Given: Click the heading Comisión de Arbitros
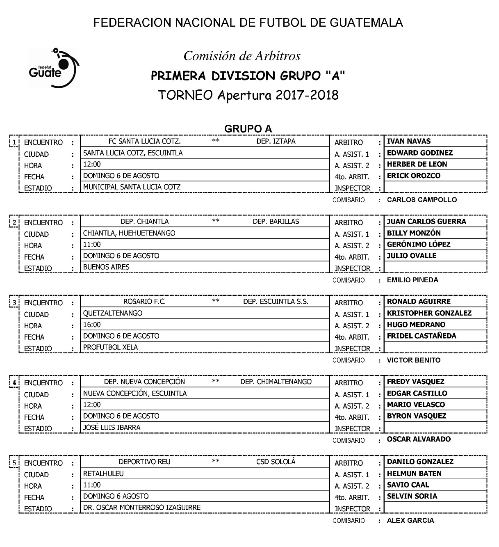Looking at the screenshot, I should (x=242, y=56).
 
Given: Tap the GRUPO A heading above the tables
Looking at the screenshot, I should (x=248, y=129).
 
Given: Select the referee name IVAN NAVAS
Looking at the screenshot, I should (x=409, y=141).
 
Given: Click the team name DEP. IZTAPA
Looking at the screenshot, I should (x=276, y=141).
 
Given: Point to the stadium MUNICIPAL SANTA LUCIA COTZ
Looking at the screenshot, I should (x=132, y=187).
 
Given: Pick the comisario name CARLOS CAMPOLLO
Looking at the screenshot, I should (x=422, y=200).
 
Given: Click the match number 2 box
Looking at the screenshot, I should (x=14, y=223).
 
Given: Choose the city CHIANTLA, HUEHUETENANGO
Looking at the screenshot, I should (x=129, y=233).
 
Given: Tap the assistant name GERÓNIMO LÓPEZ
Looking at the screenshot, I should (x=419, y=244).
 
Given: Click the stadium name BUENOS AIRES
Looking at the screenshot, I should (x=106, y=267).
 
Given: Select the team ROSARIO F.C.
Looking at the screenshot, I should (x=144, y=302).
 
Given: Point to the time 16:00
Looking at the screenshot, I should (x=92, y=325).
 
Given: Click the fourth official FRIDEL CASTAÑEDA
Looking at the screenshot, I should (x=422, y=336).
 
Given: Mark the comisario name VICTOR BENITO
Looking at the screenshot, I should (x=414, y=360).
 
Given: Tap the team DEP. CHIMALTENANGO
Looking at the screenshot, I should (x=276, y=382).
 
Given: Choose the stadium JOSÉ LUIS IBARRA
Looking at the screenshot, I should (x=112, y=427).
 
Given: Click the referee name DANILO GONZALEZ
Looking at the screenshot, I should (x=420, y=462).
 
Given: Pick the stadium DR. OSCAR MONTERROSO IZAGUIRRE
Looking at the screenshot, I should (x=142, y=507).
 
